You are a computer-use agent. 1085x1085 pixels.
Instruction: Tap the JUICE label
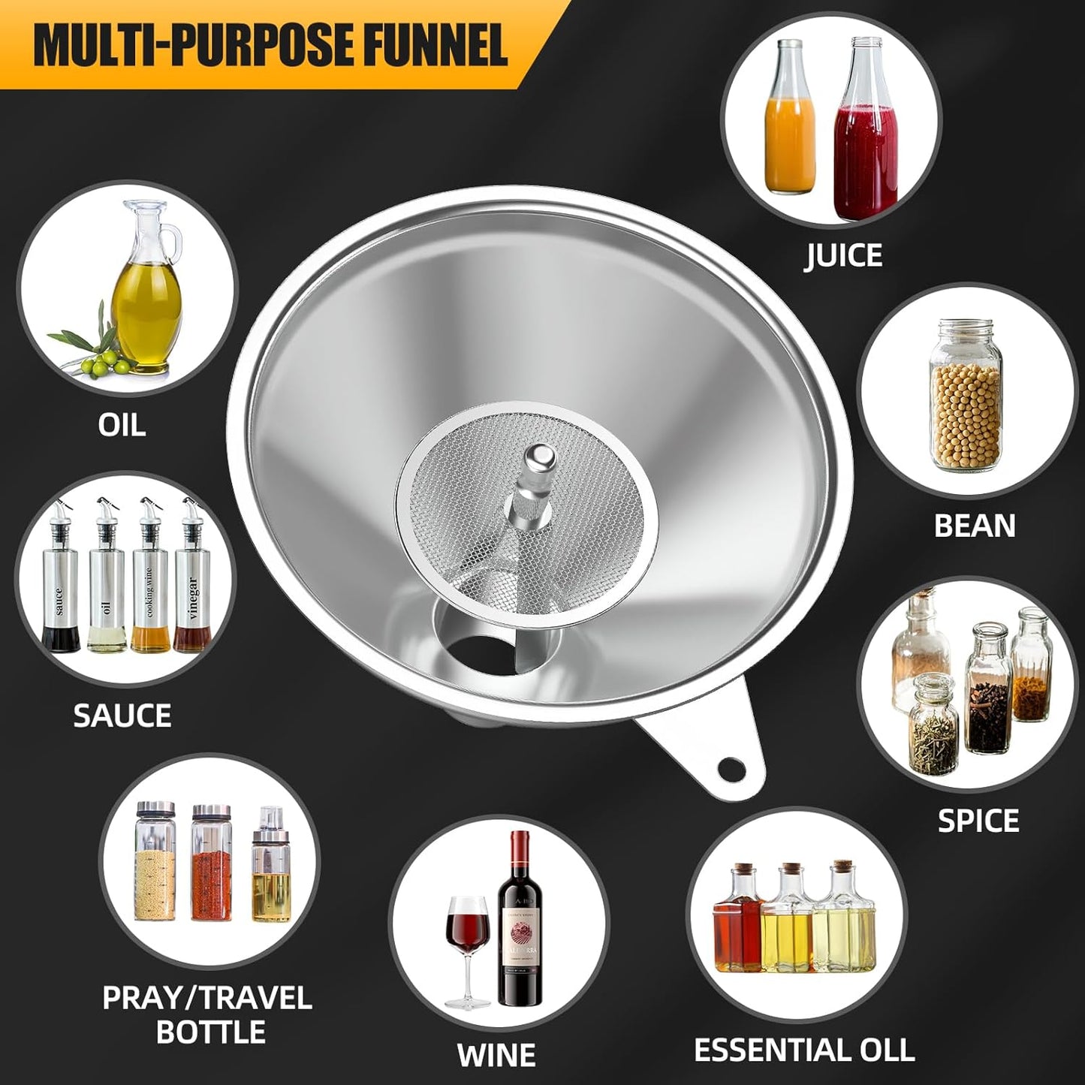tap(843, 255)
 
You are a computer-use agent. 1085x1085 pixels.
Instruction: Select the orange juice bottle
tap(789, 128)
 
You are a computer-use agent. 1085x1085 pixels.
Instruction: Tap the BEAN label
tap(974, 526)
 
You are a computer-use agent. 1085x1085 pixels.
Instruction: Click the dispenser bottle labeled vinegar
tap(192, 589)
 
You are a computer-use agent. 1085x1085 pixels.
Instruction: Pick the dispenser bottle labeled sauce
tap(60, 589)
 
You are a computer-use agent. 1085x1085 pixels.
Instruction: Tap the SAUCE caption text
tap(122, 716)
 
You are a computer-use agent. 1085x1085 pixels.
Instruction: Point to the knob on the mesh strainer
tap(538, 456)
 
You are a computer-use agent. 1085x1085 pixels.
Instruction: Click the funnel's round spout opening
tap(478, 653)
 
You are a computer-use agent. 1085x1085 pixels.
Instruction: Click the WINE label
tap(496, 1055)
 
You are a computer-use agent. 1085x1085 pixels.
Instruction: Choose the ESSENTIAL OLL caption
tap(803, 1050)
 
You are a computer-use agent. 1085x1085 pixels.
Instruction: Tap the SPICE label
tap(978, 821)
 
